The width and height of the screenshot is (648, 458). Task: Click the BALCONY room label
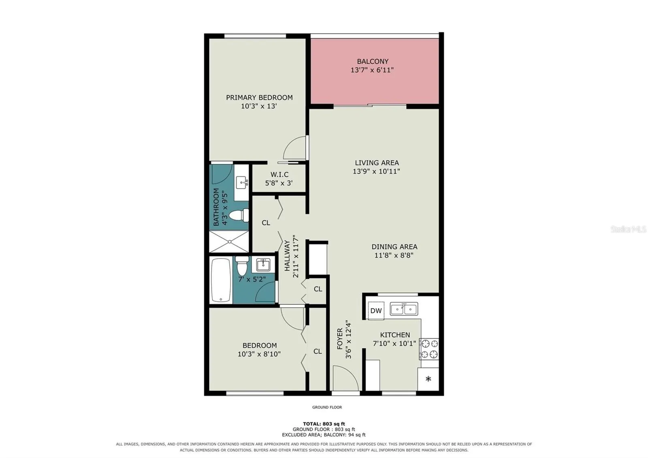tap(373, 61)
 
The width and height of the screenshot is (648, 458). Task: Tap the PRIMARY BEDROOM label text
tap(259, 98)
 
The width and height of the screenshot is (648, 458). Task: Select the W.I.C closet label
tap(279, 175)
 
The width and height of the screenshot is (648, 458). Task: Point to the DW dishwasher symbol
tap(376, 310)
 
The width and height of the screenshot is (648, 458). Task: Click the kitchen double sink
tap(404, 309)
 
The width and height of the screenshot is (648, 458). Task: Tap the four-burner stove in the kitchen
tap(429, 349)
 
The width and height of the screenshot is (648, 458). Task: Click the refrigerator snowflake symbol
tap(428, 379)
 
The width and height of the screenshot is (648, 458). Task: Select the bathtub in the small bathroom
tap(221, 280)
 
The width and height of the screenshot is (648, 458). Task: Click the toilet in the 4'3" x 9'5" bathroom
tap(239, 215)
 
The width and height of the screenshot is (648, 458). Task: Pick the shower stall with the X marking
tap(229, 242)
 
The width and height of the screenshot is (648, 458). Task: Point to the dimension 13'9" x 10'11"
tap(376, 171)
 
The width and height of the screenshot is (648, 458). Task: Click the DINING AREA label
tap(394, 247)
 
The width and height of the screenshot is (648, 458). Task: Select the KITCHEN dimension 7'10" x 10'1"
tap(394, 343)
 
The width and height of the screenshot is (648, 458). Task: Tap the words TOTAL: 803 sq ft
tap(324, 424)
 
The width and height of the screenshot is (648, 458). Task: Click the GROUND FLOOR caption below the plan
tap(327, 407)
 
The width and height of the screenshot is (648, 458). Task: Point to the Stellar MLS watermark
tap(628, 229)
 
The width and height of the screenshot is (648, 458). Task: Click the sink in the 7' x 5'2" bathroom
tap(263, 265)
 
